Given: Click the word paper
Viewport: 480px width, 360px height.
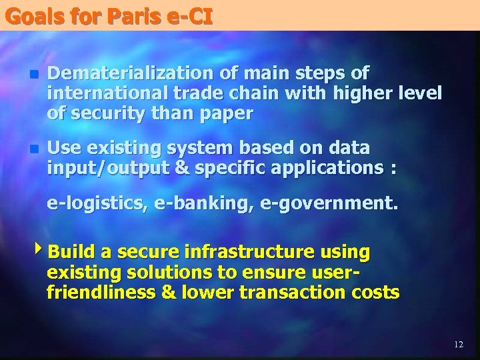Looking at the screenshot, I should [227, 114].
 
